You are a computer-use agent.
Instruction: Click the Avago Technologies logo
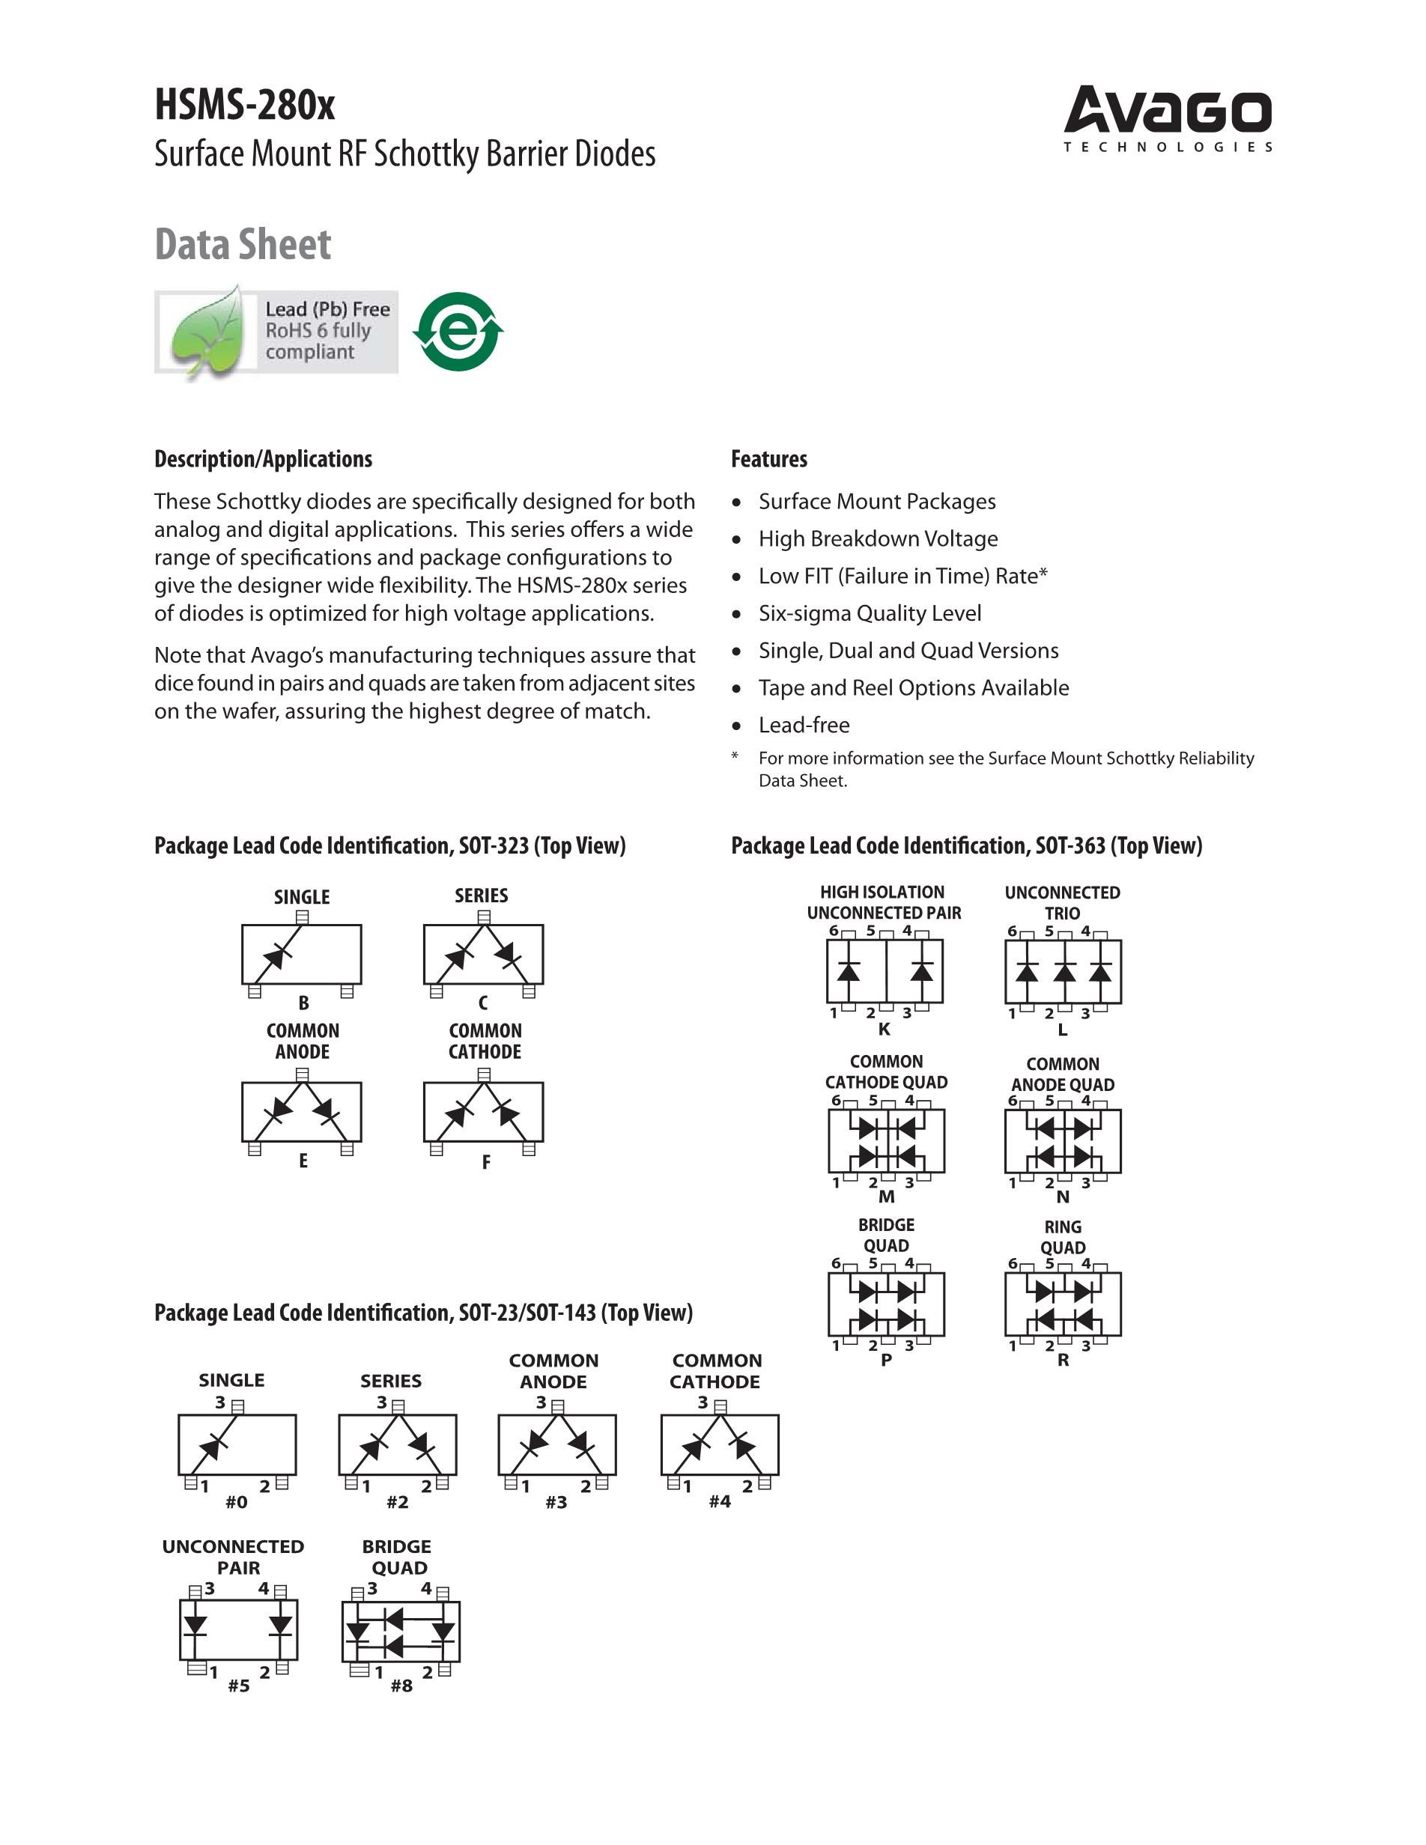pos(1168,118)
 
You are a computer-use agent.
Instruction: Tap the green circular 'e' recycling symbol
pos(458,331)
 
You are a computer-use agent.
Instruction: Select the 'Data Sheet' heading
pos(243,244)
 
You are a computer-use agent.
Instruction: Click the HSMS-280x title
pos(244,106)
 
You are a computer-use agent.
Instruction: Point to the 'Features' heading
pos(768,459)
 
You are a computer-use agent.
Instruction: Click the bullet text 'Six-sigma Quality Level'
pos(870,613)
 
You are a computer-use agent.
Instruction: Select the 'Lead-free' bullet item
pos(804,725)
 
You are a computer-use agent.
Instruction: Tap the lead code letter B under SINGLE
pos(303,1003)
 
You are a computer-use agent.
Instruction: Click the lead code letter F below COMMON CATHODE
pos(486,1162)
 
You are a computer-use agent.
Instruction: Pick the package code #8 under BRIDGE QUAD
pos(401,1686)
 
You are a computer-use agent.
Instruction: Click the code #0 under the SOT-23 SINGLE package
pos(237,1502)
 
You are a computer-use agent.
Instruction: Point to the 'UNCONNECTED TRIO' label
pos(1062,902)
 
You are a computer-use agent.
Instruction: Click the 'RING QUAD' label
pos(1063,1237)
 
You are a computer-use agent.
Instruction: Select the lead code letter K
pos(885,1029)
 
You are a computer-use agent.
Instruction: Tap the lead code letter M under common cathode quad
pos(886,1197)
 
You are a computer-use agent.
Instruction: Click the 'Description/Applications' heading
pos(263,459)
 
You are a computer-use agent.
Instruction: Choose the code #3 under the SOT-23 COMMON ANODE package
pos(556,1502)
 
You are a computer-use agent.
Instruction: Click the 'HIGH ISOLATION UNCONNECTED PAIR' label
pos(884,902)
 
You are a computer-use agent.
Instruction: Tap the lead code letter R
pos(1063,1360)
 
